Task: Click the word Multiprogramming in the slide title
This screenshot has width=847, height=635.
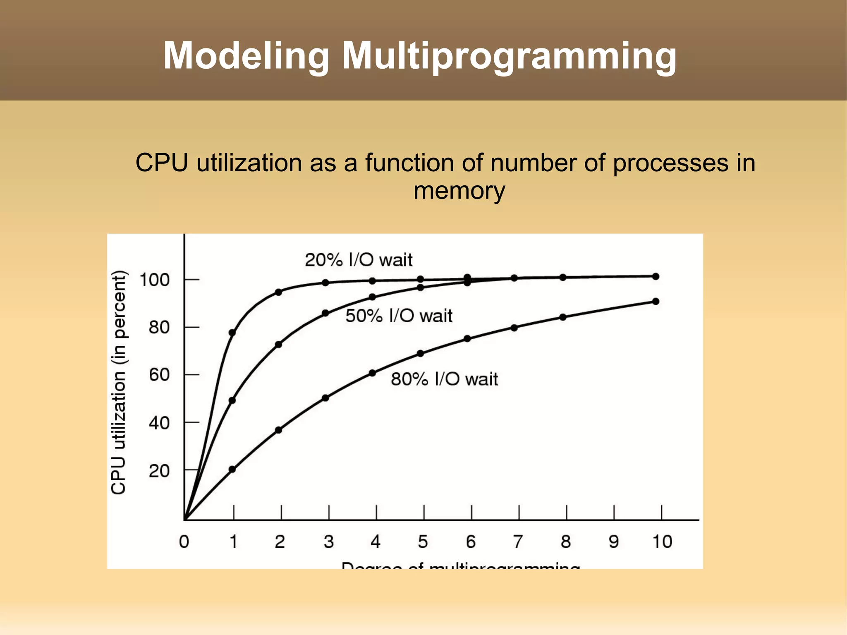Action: (x=509, y=56)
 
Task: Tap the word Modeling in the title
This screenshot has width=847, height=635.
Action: (x=246, y=56)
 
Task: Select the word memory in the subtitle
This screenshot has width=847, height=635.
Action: (x=459, y=191)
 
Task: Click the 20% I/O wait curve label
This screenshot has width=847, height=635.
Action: (x=359, y=260)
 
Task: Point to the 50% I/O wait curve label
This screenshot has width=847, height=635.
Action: (x=399, y=316)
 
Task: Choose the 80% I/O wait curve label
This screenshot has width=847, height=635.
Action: (x=444, y=379)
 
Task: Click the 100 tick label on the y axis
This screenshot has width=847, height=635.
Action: (x=155, y=280)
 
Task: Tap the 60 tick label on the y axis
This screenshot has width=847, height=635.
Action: (x=159, y=375)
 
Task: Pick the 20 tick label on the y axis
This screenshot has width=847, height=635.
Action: (x=159, y=471)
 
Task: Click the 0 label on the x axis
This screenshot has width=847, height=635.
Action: (x=184, y=542)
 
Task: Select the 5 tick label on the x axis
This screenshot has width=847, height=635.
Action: (x=423, y=542)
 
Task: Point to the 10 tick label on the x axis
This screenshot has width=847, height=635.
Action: (x=662, y=542)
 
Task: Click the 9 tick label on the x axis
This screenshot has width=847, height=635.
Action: (x=614, y=542)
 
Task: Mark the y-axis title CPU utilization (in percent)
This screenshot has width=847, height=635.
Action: (x=119, y=382)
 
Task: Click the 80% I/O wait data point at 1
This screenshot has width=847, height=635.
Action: (x=232, y=469)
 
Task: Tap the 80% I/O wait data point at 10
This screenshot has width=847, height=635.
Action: (x=656, y=302)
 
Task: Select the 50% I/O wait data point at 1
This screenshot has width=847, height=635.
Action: (x=232, y=400)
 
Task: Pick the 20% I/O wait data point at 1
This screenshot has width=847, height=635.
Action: (x=232, y=333)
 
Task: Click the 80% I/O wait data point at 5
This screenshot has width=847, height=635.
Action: (x=420, y=353)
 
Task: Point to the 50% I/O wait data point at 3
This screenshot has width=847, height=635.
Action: (x=325, y=313)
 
